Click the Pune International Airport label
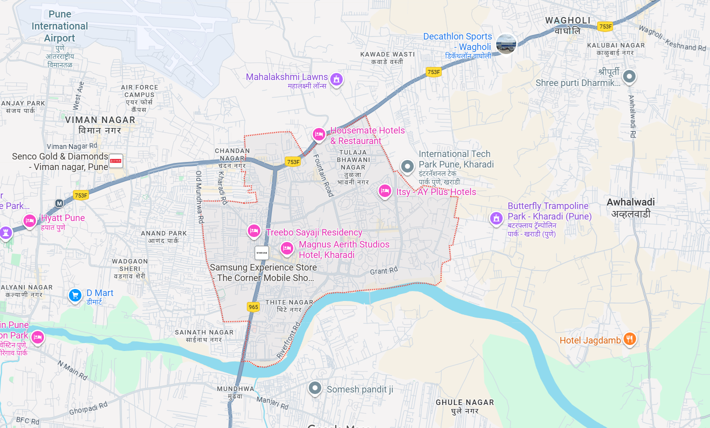[x=59, y=26]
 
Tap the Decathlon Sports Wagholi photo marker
[x=506, y=44]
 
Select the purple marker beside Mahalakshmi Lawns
[x=336, y=79]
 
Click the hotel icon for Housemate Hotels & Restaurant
[x=319, y=134]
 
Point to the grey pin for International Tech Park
[x=408, y=166]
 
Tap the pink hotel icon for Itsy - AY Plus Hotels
[x=384, y=190]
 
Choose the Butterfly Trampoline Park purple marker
[x=496, y=218]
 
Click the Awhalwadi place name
[x=631, y=202]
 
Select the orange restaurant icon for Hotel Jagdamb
[x=630, y=339]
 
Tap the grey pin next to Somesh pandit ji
[x=315, y=387]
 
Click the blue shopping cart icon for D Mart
[x=75, y=295]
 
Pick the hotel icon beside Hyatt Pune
[x=30, y=220]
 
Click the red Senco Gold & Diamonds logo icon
[x=116, y=161]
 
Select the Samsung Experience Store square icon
[x=262, y=253]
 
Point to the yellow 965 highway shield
[x=253, y=307]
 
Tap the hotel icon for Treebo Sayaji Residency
[x=254, y=230]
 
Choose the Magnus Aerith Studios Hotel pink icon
[x=287, y=247]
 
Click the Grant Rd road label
[x=384, y=270]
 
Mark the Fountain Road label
[x=323, y=175]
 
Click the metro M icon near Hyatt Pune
[x=59, y=203]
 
